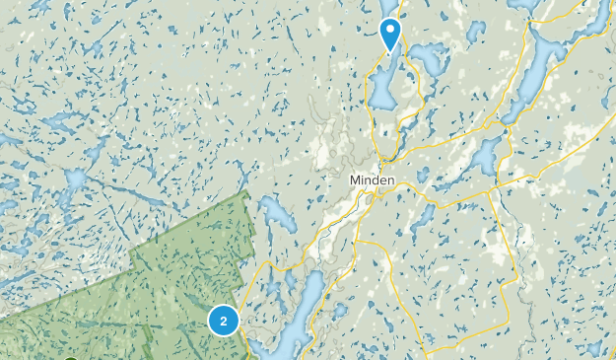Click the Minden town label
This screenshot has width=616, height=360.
(x=373, y=181)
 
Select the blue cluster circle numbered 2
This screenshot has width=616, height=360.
(x=225, y=320)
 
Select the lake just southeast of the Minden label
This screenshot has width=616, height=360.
(x=422, y=216)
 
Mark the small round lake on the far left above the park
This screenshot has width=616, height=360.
(x=74, y=180)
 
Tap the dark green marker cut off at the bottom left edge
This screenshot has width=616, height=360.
(x=69, y=357)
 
